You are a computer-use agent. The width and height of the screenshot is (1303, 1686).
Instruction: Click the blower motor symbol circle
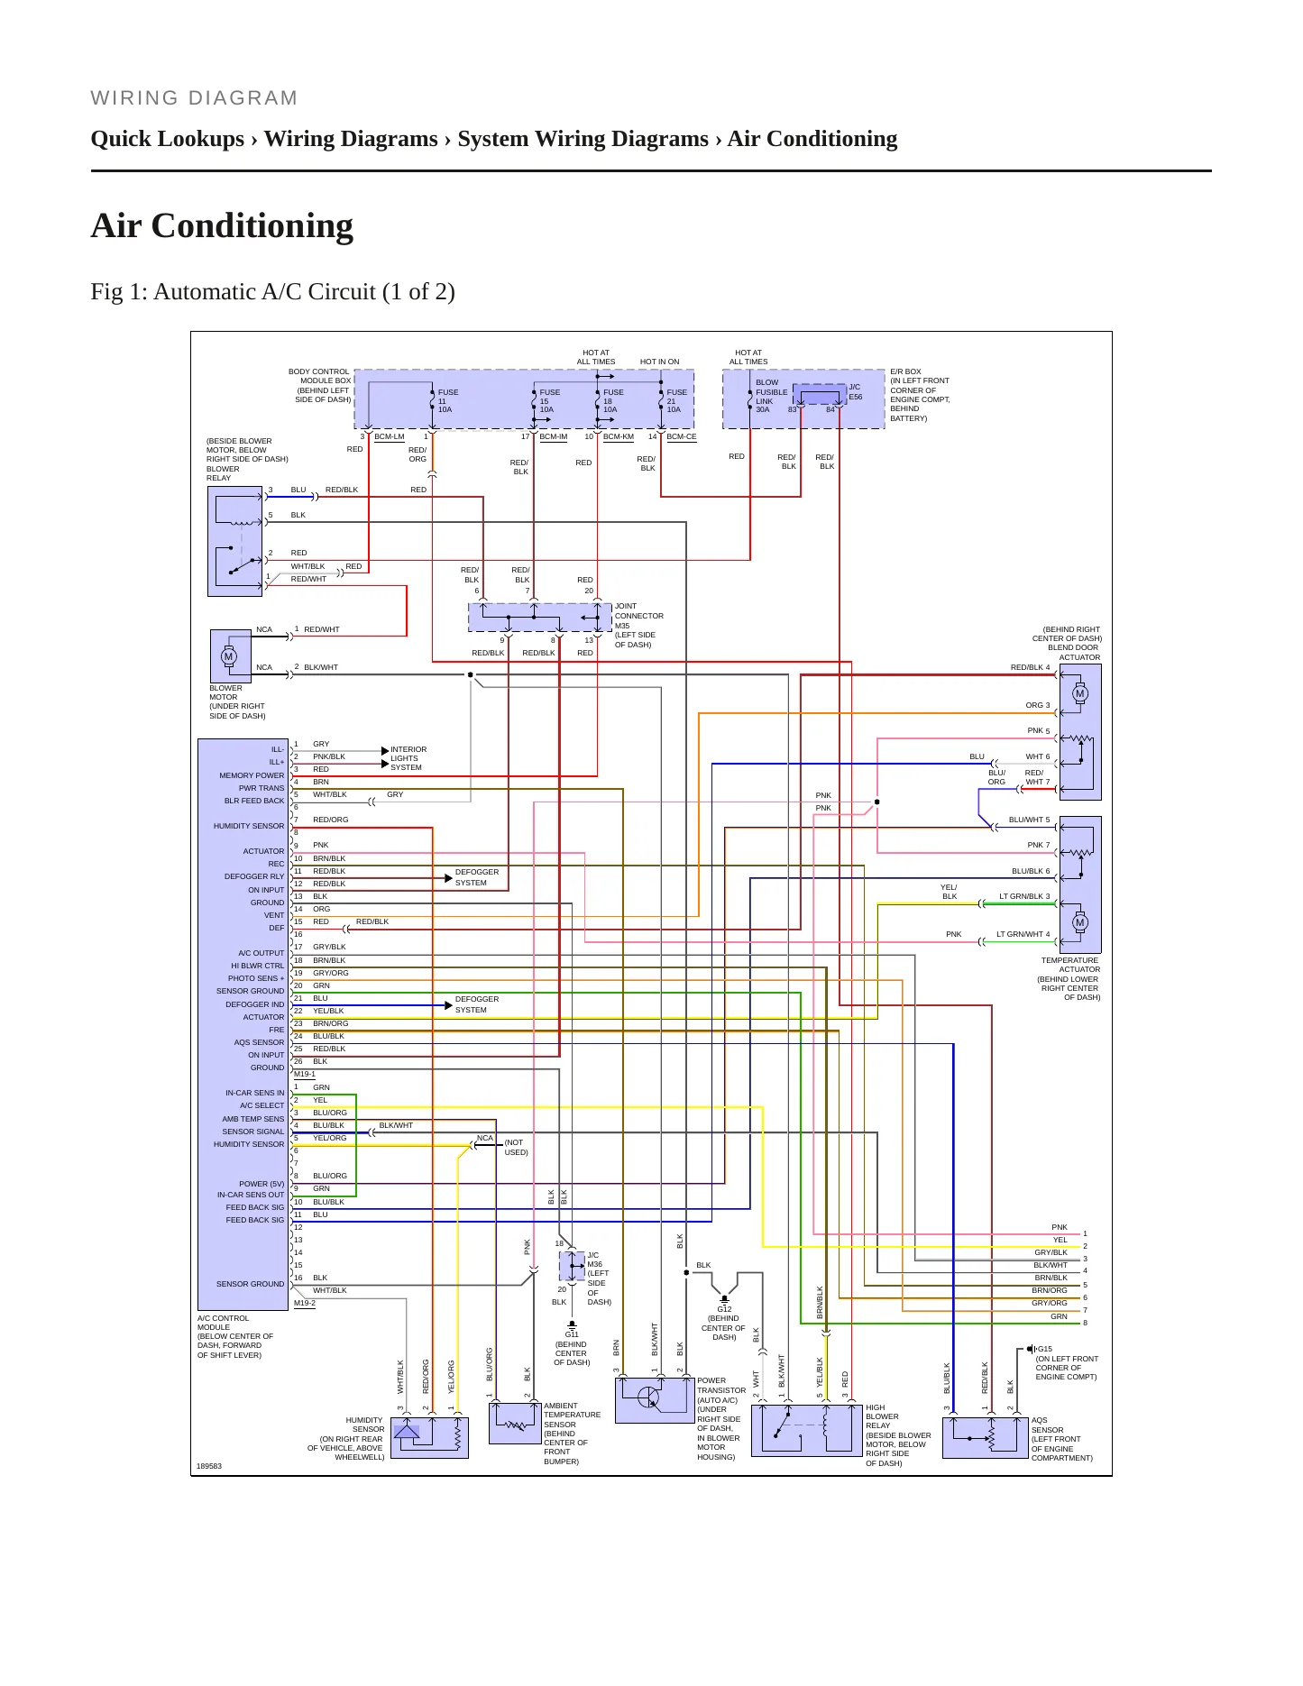pos(229,656)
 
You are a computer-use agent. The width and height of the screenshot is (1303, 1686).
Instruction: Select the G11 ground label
pos(572,1334)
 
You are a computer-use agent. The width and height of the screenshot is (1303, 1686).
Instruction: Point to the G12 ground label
pos(724,1309)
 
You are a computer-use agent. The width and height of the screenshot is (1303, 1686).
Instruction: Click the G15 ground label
pos(1044,1349)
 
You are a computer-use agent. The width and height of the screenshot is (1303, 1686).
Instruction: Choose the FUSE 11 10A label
pos(448,401)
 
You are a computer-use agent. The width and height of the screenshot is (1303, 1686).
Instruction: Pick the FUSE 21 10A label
pos(676,401)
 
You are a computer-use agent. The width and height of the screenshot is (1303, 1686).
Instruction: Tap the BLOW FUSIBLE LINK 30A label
pos(771,396)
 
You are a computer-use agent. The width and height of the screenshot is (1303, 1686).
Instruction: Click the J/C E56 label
pos(855,392)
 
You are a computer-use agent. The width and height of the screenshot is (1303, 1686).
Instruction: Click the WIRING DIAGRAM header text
pos(194,98)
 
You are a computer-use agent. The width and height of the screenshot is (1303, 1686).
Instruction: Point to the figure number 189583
pos(209,1466)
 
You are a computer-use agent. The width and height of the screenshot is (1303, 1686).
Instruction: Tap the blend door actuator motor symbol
pos(1080,693)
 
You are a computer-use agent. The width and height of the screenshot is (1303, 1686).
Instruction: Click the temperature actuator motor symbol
pos(1080,922)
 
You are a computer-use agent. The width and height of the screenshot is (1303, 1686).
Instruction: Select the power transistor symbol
pos(648,1397)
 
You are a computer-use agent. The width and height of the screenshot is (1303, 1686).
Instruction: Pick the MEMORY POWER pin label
pos(252,775)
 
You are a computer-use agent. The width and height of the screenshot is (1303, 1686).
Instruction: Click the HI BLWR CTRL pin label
pos(257,966)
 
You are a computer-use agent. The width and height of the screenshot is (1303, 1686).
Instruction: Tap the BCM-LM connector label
pos(390,437)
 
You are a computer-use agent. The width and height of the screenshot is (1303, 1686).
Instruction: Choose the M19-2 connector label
pos(305,1303)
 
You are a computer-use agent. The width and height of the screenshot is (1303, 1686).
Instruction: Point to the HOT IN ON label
pos(660,362)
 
